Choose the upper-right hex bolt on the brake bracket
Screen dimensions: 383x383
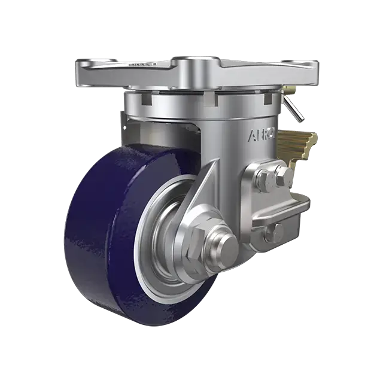(x=284, y=176)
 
